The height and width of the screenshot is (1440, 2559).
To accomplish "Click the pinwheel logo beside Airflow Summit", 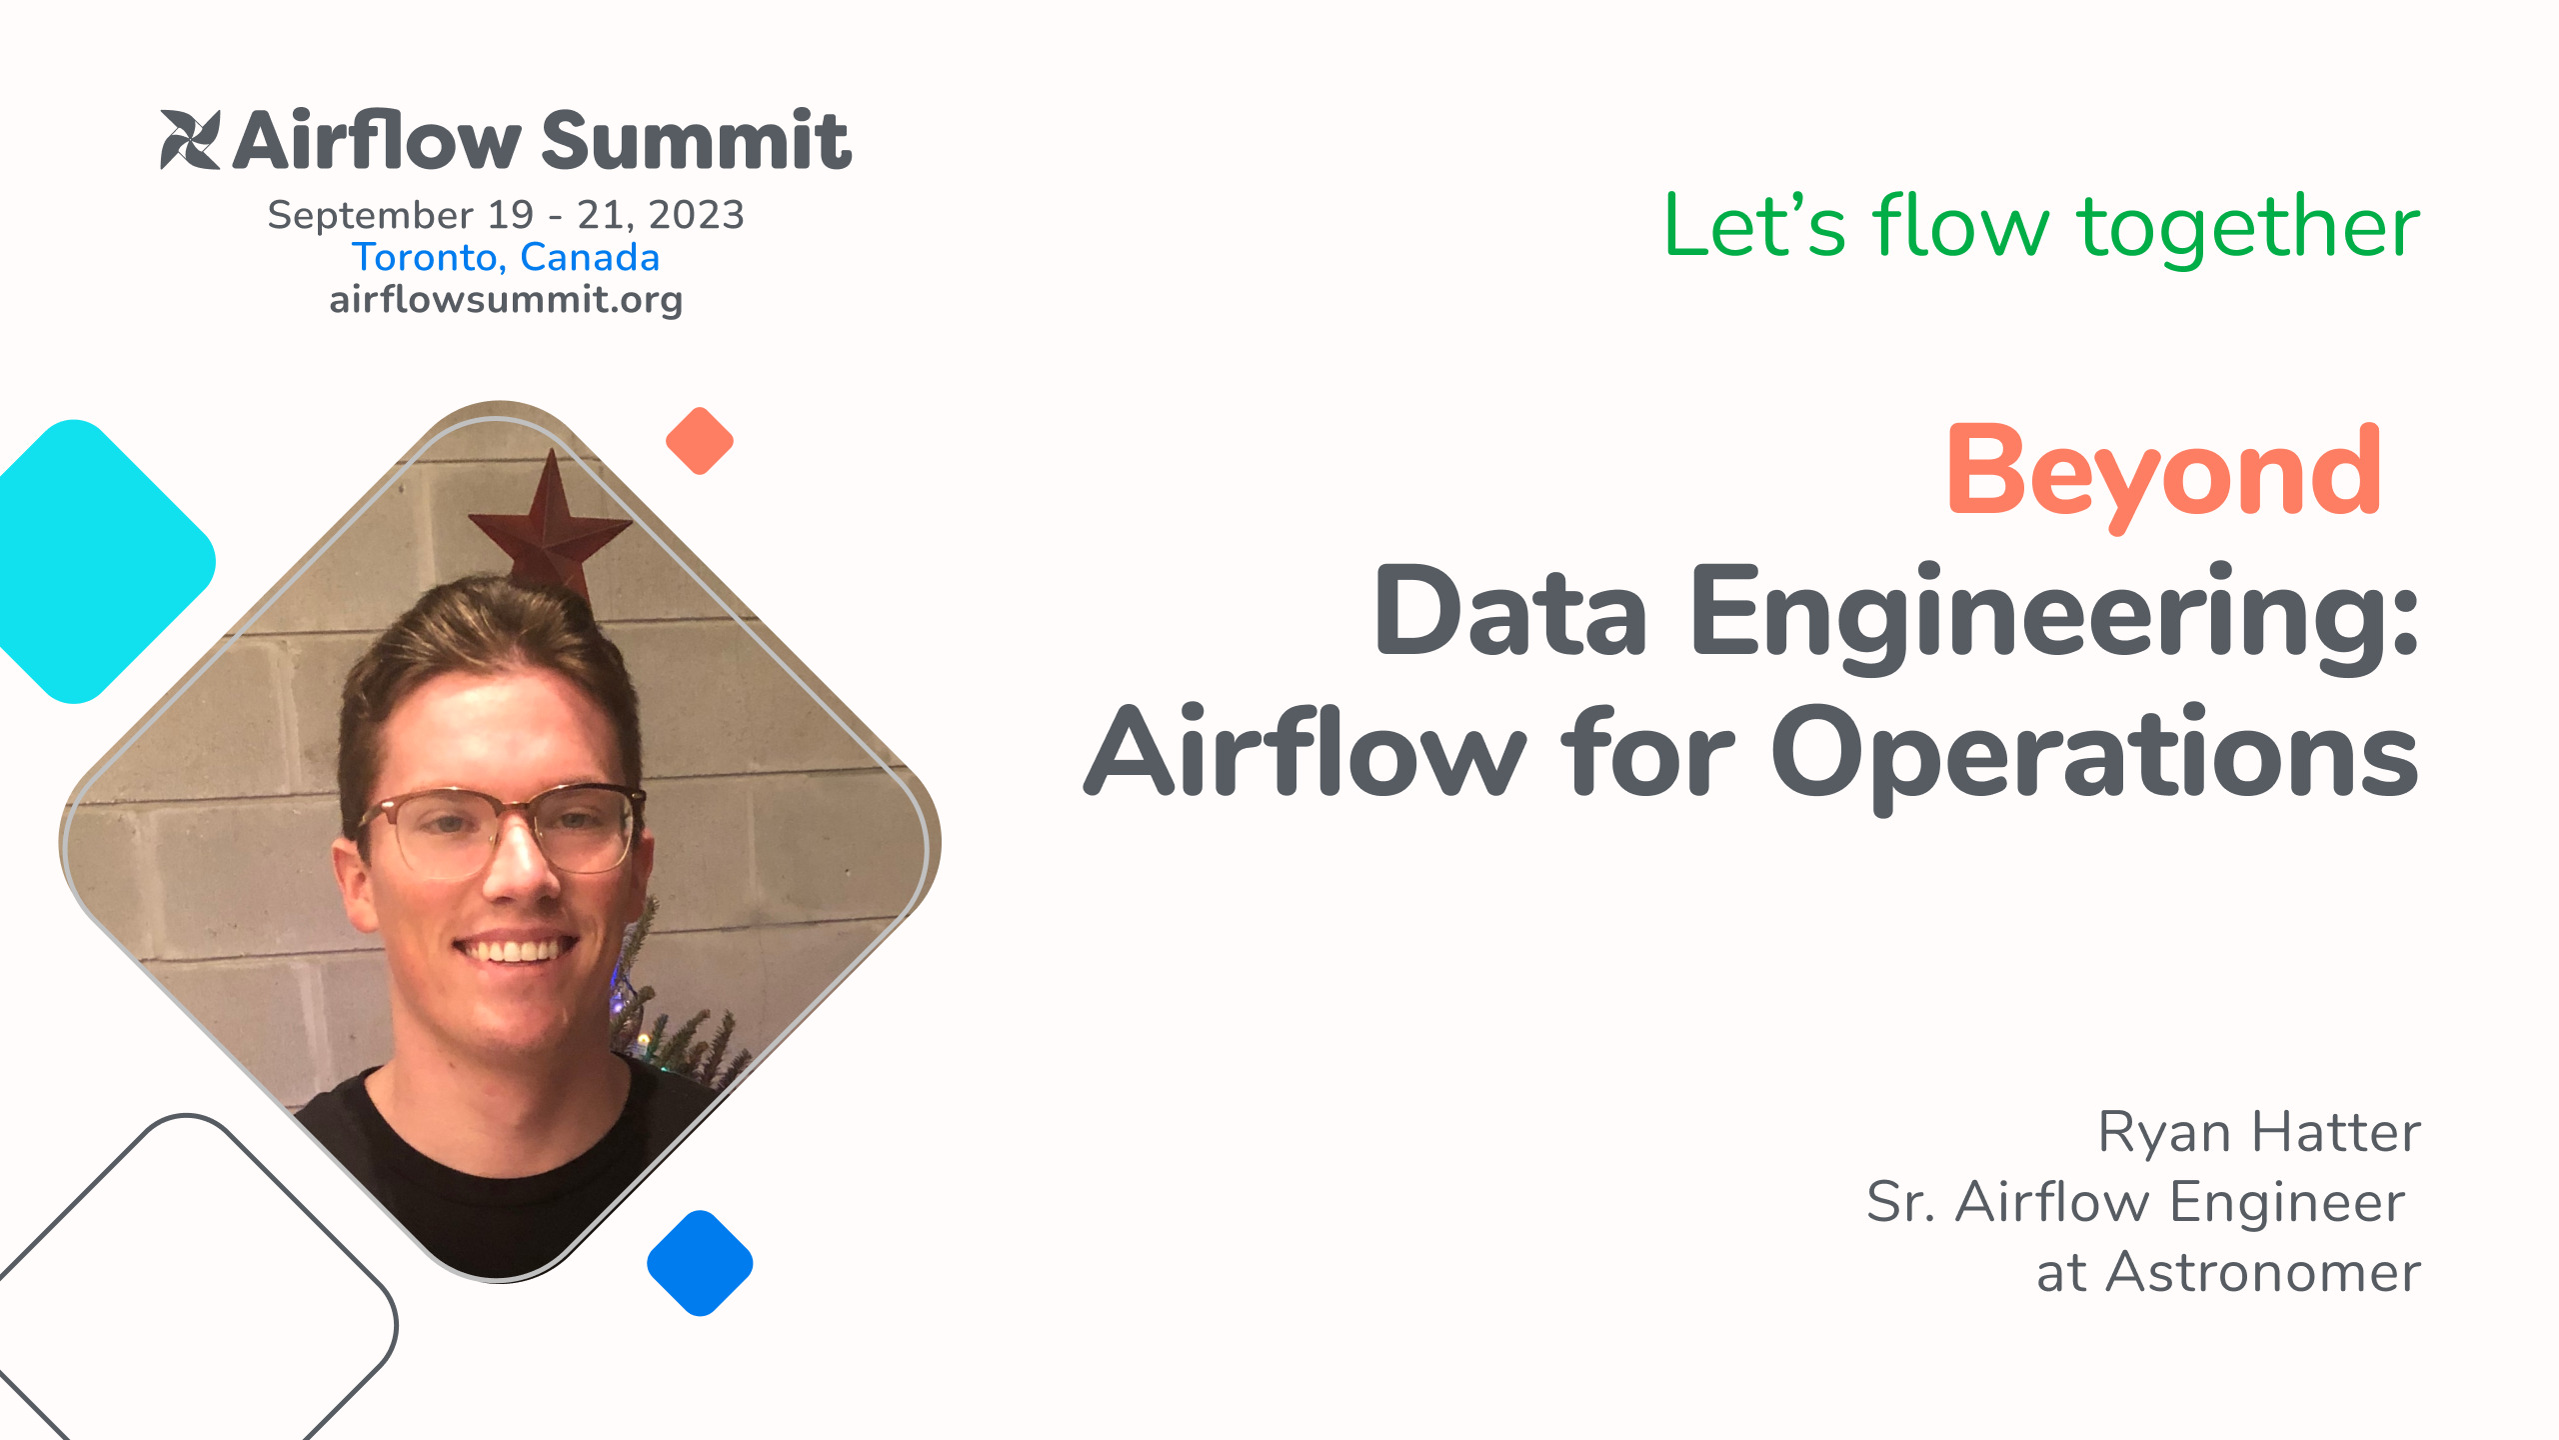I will [x=190, y=140].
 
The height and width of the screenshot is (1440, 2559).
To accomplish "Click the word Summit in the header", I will [x=696, y=142].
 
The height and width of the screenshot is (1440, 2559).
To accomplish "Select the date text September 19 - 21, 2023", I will [x=506, y=215].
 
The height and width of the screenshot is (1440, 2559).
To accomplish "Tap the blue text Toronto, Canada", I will [x=506, y=258].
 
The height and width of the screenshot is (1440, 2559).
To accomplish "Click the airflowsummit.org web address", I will [x=506, y=300].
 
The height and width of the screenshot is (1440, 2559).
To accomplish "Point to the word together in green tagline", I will [x=2248, y=227].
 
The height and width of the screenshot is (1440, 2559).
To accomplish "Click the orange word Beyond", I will [x=2163, y=472].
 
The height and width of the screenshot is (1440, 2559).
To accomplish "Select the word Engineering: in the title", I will [x=2053, y=612].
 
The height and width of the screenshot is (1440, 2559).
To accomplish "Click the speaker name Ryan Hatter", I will [x=2258, y=1133].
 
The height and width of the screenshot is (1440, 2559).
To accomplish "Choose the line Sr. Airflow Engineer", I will [x=2135, y=1202].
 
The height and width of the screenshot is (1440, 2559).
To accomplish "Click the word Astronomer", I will [x=2263, y=1273].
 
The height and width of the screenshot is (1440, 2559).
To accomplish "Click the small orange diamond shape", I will [x=700, y=441].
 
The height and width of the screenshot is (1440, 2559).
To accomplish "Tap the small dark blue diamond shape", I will [x=700, y=1263].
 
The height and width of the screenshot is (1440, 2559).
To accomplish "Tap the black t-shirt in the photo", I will [x=480, y=1170].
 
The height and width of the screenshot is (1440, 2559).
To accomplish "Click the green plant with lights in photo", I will [x=680, y=1030].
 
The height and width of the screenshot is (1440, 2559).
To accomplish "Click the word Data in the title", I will [x=1510, y=612].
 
